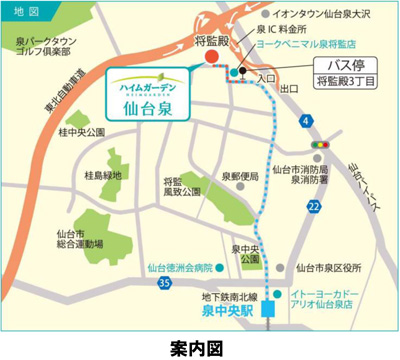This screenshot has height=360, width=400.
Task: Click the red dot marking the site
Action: pos(210,57)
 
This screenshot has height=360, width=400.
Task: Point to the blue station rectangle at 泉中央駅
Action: pos(269,310)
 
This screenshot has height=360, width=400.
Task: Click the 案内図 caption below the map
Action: pos(199,346)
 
